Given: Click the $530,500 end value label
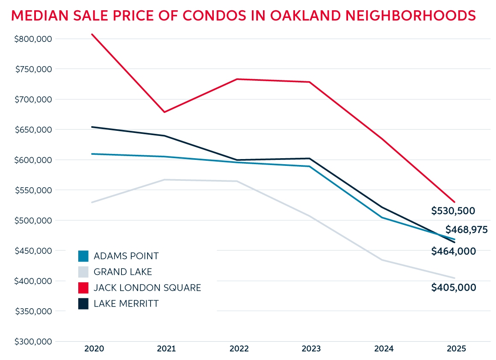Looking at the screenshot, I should [453, 211].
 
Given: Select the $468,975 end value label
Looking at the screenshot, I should [466, 230].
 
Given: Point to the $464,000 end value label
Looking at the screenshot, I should [453, 251].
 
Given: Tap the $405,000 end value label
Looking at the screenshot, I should [453, 288].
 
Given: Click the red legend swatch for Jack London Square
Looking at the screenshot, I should [83, 288].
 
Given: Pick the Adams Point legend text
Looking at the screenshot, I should [126, 256].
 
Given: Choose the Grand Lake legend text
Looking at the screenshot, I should [123, 272].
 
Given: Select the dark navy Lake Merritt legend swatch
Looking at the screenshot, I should [83, 304].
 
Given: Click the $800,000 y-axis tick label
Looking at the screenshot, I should [33, 39].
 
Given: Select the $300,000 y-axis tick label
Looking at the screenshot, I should [33, 342].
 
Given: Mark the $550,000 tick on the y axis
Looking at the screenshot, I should [33, 190].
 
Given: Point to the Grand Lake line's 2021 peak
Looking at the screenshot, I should [165, 180].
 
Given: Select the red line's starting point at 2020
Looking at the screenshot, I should [92, 34].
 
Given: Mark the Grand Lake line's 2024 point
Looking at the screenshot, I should [382, 260].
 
